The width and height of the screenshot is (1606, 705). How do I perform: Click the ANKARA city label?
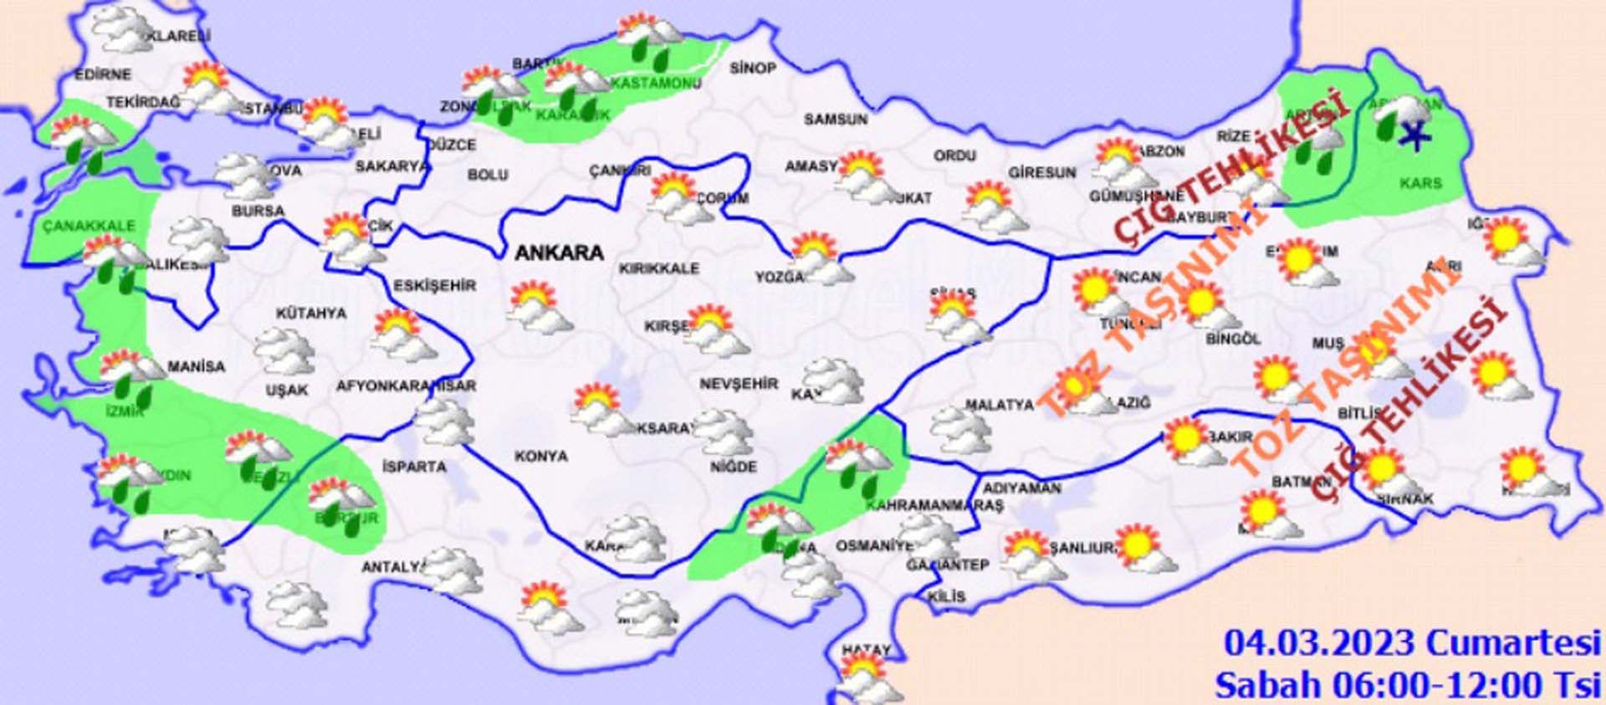(559, 253)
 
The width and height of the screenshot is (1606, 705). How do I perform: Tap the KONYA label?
(540, 457)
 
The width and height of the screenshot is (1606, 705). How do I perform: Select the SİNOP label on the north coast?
(752, 68)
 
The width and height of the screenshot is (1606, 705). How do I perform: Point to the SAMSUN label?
(835, 120)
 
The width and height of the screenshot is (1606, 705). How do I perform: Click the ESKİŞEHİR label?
(434, 286)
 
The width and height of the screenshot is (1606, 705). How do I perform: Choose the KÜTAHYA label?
(311, 314)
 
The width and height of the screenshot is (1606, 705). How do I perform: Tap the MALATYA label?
(999, 405)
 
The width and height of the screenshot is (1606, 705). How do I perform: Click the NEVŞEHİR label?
(739, 384)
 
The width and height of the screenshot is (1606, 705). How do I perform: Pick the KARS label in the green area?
(1420, 182)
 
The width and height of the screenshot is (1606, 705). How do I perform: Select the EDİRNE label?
(103, 74)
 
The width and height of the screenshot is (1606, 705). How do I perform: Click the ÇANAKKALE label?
(89, 226)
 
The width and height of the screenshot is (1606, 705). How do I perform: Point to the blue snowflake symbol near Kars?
(1414, 134)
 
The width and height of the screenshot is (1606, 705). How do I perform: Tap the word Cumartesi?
(1512, 643)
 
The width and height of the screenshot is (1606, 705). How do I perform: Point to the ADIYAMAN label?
(1021, 488)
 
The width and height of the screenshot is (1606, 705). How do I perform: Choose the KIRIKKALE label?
(658, 268)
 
